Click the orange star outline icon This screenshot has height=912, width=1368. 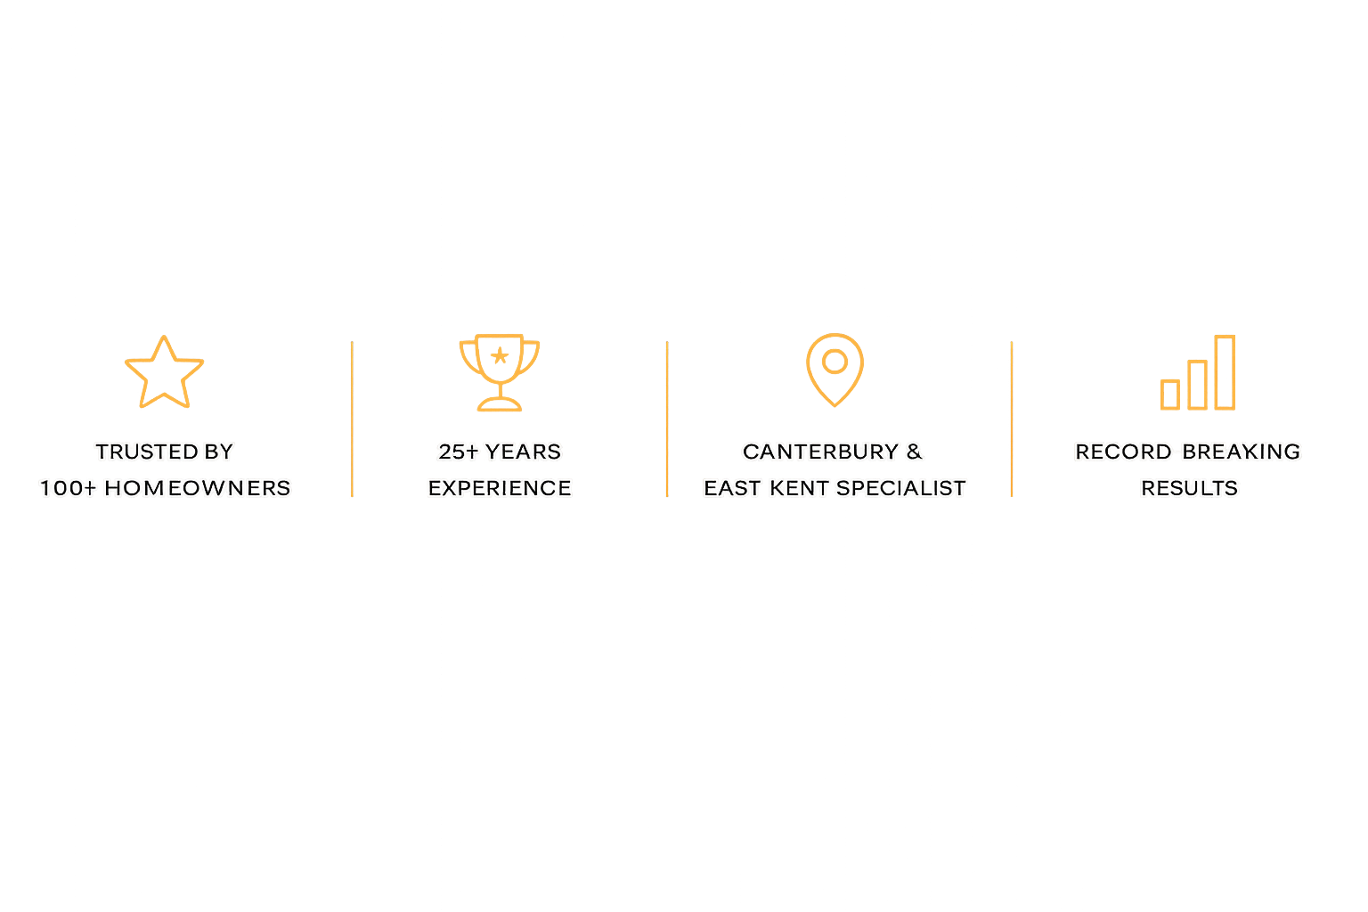[x=164, y=373]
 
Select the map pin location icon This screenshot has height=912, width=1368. [x=835, y=369]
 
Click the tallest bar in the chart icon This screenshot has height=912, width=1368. [x=1225, y=372]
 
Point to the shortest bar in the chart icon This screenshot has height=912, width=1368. [x=1169, y=394]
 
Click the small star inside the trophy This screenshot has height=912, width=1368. [x=500, y=356]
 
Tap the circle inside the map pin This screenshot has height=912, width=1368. [x=835, y=361]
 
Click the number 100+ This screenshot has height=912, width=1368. [x=68, y=488]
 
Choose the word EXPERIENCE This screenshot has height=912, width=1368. [x=500, y=488]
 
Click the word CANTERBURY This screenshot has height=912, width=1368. [x=820, y=452]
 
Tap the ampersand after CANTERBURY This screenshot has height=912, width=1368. [x=915, y=452]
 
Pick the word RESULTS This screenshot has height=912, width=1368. [x=1189, y=488]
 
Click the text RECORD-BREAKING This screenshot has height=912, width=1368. [x=1187, y=452]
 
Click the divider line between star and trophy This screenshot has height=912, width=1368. [x=353, y=419]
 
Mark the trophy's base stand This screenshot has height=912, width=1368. [x=500, y=405]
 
